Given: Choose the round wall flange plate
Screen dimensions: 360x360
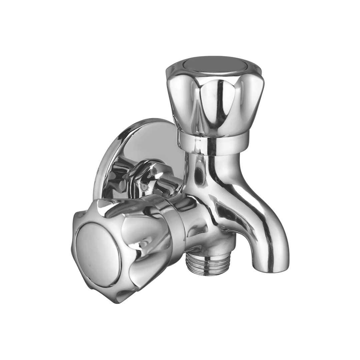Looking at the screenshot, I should [140, 147].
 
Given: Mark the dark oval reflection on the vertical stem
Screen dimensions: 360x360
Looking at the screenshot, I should [199, 173].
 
